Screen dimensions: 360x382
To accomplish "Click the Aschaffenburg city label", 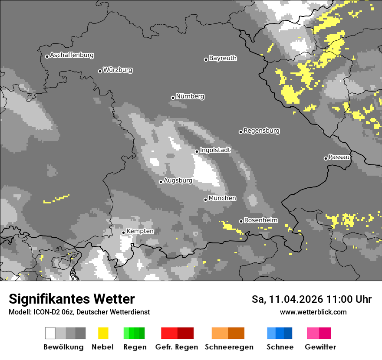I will pos(72,56).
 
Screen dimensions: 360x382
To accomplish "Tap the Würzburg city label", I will pos(118,70).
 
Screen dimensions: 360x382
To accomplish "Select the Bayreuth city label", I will pos(223,58).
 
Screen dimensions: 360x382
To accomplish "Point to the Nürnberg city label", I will pos(190,97).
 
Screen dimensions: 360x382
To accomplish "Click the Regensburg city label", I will pos(261,131).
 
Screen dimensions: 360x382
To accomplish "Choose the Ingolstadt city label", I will pos(215,150).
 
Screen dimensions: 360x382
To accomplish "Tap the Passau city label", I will pos(339,157).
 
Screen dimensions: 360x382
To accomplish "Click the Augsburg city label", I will pos(178,181).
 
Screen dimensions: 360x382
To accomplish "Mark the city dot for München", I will pos(206,200).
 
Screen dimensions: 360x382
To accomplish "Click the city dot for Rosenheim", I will pos(241,222).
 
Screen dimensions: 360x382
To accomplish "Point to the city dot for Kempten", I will pos(124,232).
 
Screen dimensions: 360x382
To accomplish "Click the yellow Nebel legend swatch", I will pos(103,333).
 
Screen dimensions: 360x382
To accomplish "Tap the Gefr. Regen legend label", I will pos(177,347).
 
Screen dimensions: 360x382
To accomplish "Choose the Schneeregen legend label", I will pos(229,347).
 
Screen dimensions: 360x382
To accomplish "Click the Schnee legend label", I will pos(280,347).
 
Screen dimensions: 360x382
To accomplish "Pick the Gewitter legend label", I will pos(320,347).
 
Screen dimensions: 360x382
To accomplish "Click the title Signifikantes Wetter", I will pos(72,299).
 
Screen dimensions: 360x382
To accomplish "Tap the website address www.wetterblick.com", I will pos(313,312).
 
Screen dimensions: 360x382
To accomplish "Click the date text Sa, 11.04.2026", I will pos(288,299).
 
